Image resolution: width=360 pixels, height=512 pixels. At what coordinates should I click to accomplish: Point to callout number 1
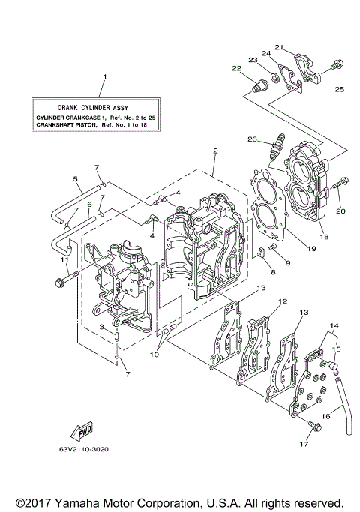click(x=104, y=77)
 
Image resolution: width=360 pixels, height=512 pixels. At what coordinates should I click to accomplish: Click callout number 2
click(x=214, y=151)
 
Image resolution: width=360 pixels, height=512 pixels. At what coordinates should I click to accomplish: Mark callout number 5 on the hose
click(x=76, y=179)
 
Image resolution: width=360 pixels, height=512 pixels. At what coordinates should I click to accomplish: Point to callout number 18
click(x=324, y=235)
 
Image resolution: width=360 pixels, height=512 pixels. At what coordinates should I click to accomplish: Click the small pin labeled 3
click(x=118, y=339)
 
